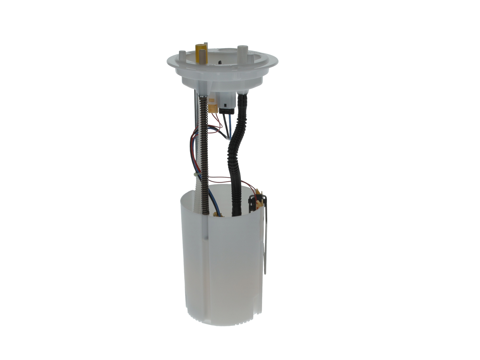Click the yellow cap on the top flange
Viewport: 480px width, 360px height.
201,48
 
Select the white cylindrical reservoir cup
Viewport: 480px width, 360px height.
221,262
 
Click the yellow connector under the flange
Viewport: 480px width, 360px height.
213,105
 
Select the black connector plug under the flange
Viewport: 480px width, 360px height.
227,107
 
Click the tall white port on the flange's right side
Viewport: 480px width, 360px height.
242,52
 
